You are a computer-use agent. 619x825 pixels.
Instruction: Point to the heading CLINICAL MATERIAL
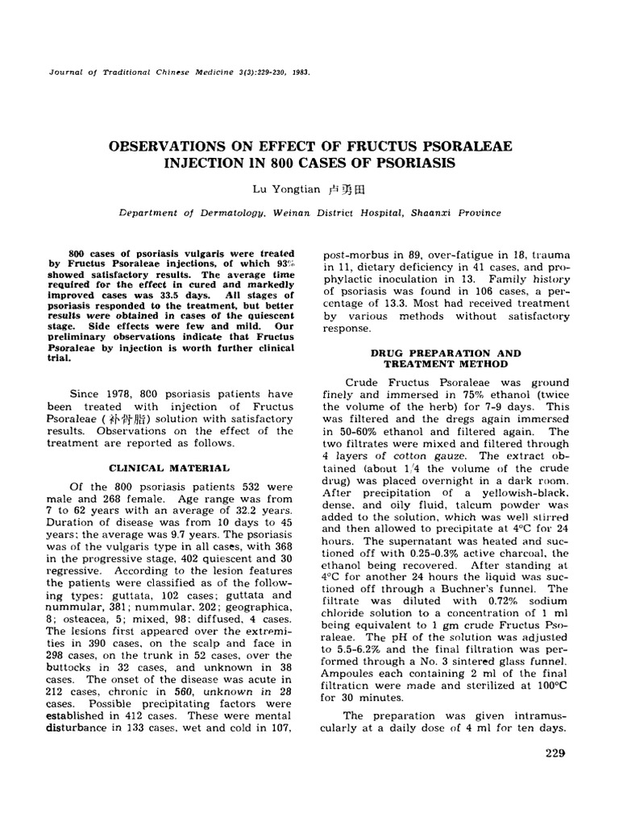click(168, 467)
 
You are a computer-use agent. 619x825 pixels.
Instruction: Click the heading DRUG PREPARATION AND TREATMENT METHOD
click(446, 359)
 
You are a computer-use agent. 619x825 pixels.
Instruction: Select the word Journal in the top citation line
click(67, 71)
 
